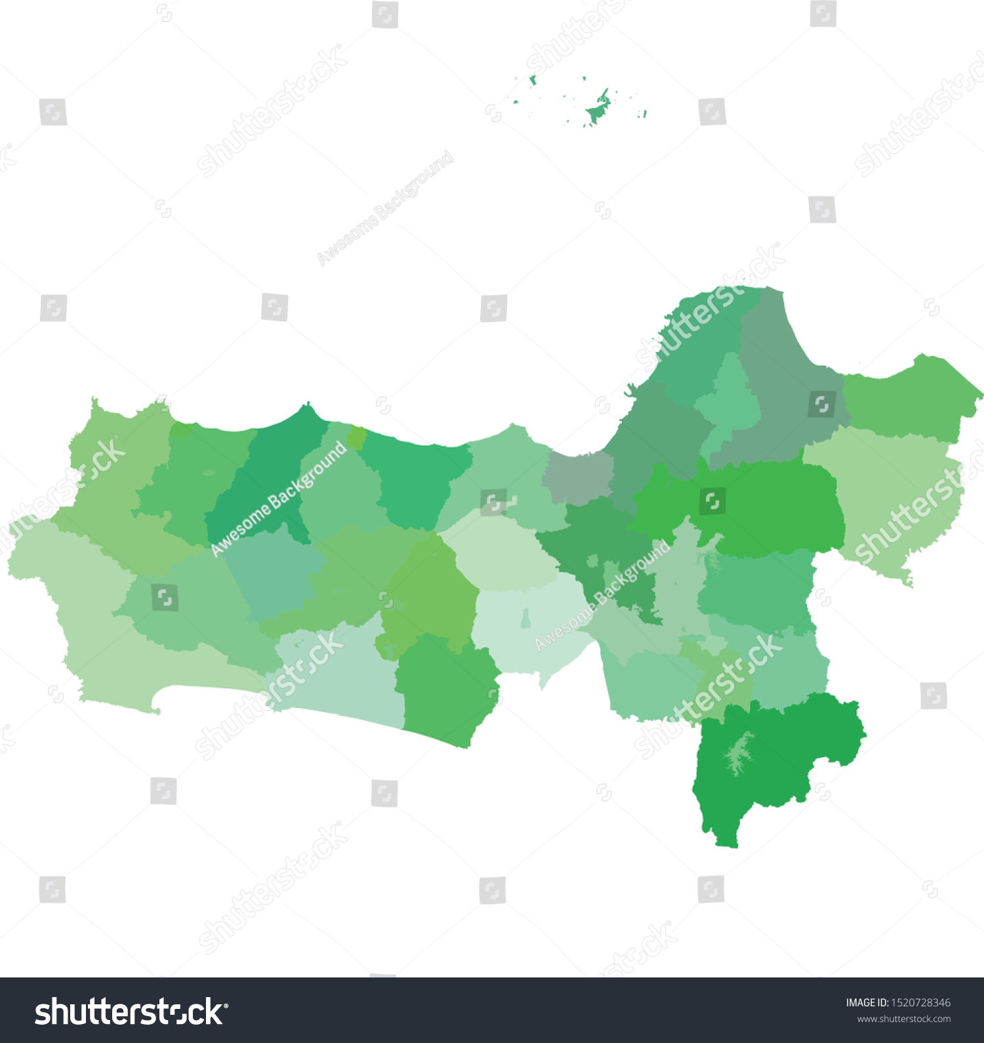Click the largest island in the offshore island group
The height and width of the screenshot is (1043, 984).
tap(598, 109)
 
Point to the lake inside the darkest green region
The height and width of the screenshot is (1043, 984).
tap(739, 754)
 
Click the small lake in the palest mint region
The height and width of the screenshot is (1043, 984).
tap(525, 618)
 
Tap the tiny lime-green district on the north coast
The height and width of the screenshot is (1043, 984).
tap(356, 437)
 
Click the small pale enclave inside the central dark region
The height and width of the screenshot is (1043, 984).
tap(592, 561)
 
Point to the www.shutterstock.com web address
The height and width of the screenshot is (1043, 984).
tap(903, 1019)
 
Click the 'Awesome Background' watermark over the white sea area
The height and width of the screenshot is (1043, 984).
tap(385, 208)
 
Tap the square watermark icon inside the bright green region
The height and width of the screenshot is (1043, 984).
tap(712, 502)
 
